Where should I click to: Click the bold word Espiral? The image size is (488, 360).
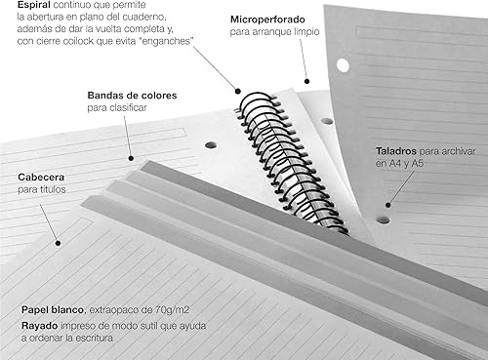pos(23,6)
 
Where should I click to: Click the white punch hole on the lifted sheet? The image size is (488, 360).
pos(343,65)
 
